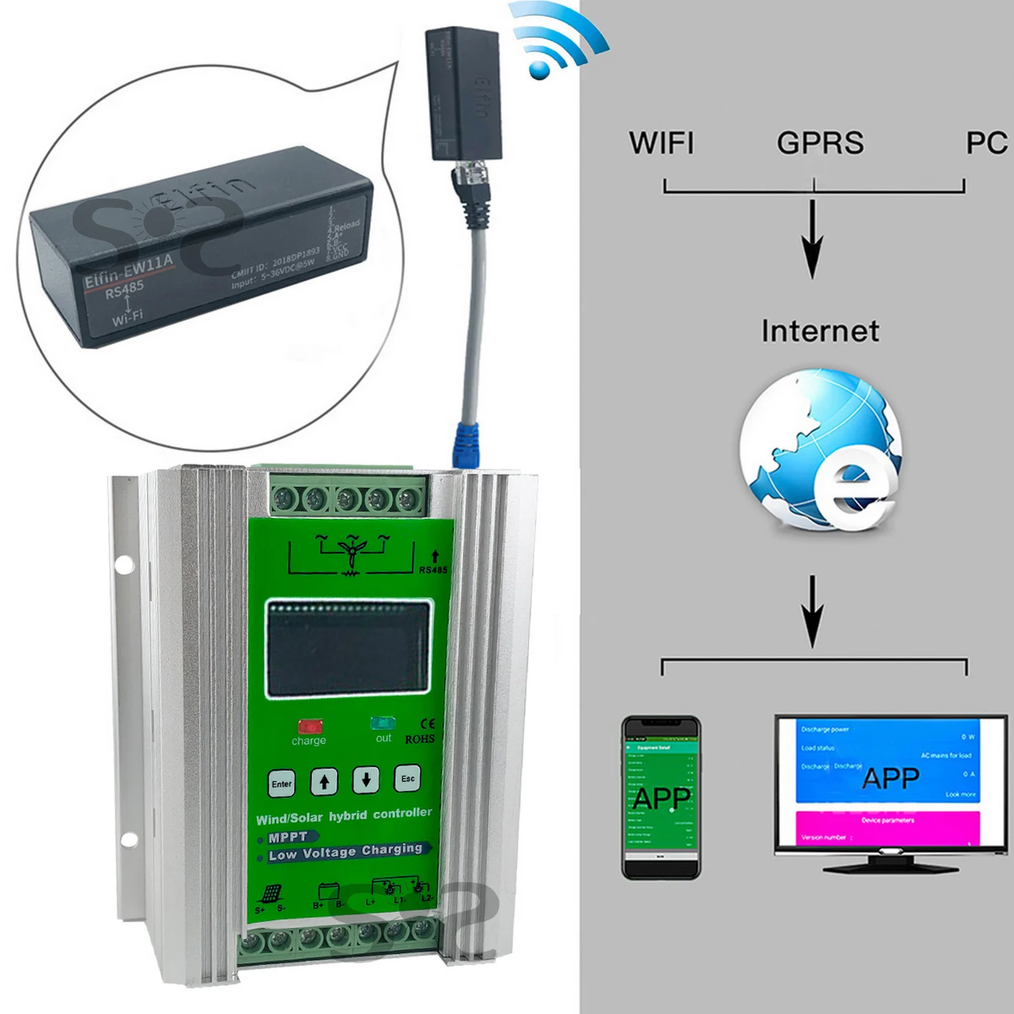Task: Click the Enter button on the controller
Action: (x=281, y=784)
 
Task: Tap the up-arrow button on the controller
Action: (x=324, y=782)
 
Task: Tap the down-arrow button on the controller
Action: (x=366, y=780)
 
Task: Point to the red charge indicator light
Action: (x=310, y=726)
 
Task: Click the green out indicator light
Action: (x=383, y=724)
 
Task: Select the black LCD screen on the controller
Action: (x=348, y=648)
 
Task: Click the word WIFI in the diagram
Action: (x=661, y=143)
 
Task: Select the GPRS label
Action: (x=820, y=143)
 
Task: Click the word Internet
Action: (x=820, y=331)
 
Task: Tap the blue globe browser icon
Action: (x=821, y=450)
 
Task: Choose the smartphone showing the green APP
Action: (x=661, y=797)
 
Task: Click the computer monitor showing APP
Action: (x=890, y=792)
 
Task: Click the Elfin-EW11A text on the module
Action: (x=129, y=271)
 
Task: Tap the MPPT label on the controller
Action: (x=288, y=837)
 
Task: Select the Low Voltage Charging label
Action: (x=346, y=851)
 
